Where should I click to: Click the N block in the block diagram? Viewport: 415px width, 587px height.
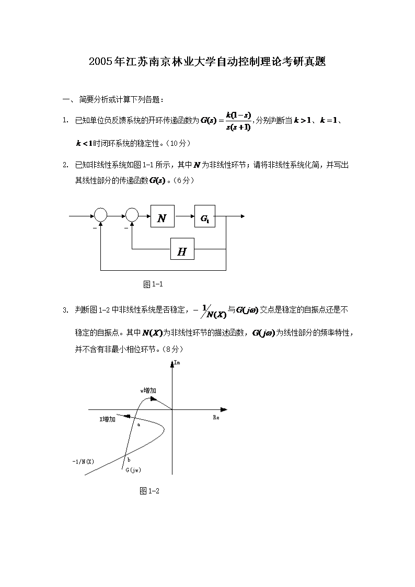pos(162,218)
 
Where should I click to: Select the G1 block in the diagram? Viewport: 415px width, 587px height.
pos(204,218)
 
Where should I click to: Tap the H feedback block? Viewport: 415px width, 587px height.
pos(182,251)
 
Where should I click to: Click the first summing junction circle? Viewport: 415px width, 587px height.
pos(101,215)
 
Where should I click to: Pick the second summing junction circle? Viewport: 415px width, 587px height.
pos(132,215)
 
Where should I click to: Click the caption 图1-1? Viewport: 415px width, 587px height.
pos(154,284)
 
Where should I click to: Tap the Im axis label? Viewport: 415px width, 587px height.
pos(177,370)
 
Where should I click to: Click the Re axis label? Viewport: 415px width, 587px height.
pos(216,418)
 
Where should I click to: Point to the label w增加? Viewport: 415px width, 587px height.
pos(148,390)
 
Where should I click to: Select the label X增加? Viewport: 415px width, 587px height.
pos(108,419)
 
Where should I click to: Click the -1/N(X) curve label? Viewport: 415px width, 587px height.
pos(83,462)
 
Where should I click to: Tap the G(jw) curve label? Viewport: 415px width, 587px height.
pos(133,470)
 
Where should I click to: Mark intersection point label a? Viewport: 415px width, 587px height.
pos(139,424)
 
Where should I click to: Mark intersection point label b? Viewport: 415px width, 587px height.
pos(129,459)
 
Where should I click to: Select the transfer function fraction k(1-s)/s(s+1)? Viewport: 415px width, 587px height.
pos(238,121)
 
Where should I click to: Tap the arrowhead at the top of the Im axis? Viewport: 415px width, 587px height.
pos(172,366)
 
